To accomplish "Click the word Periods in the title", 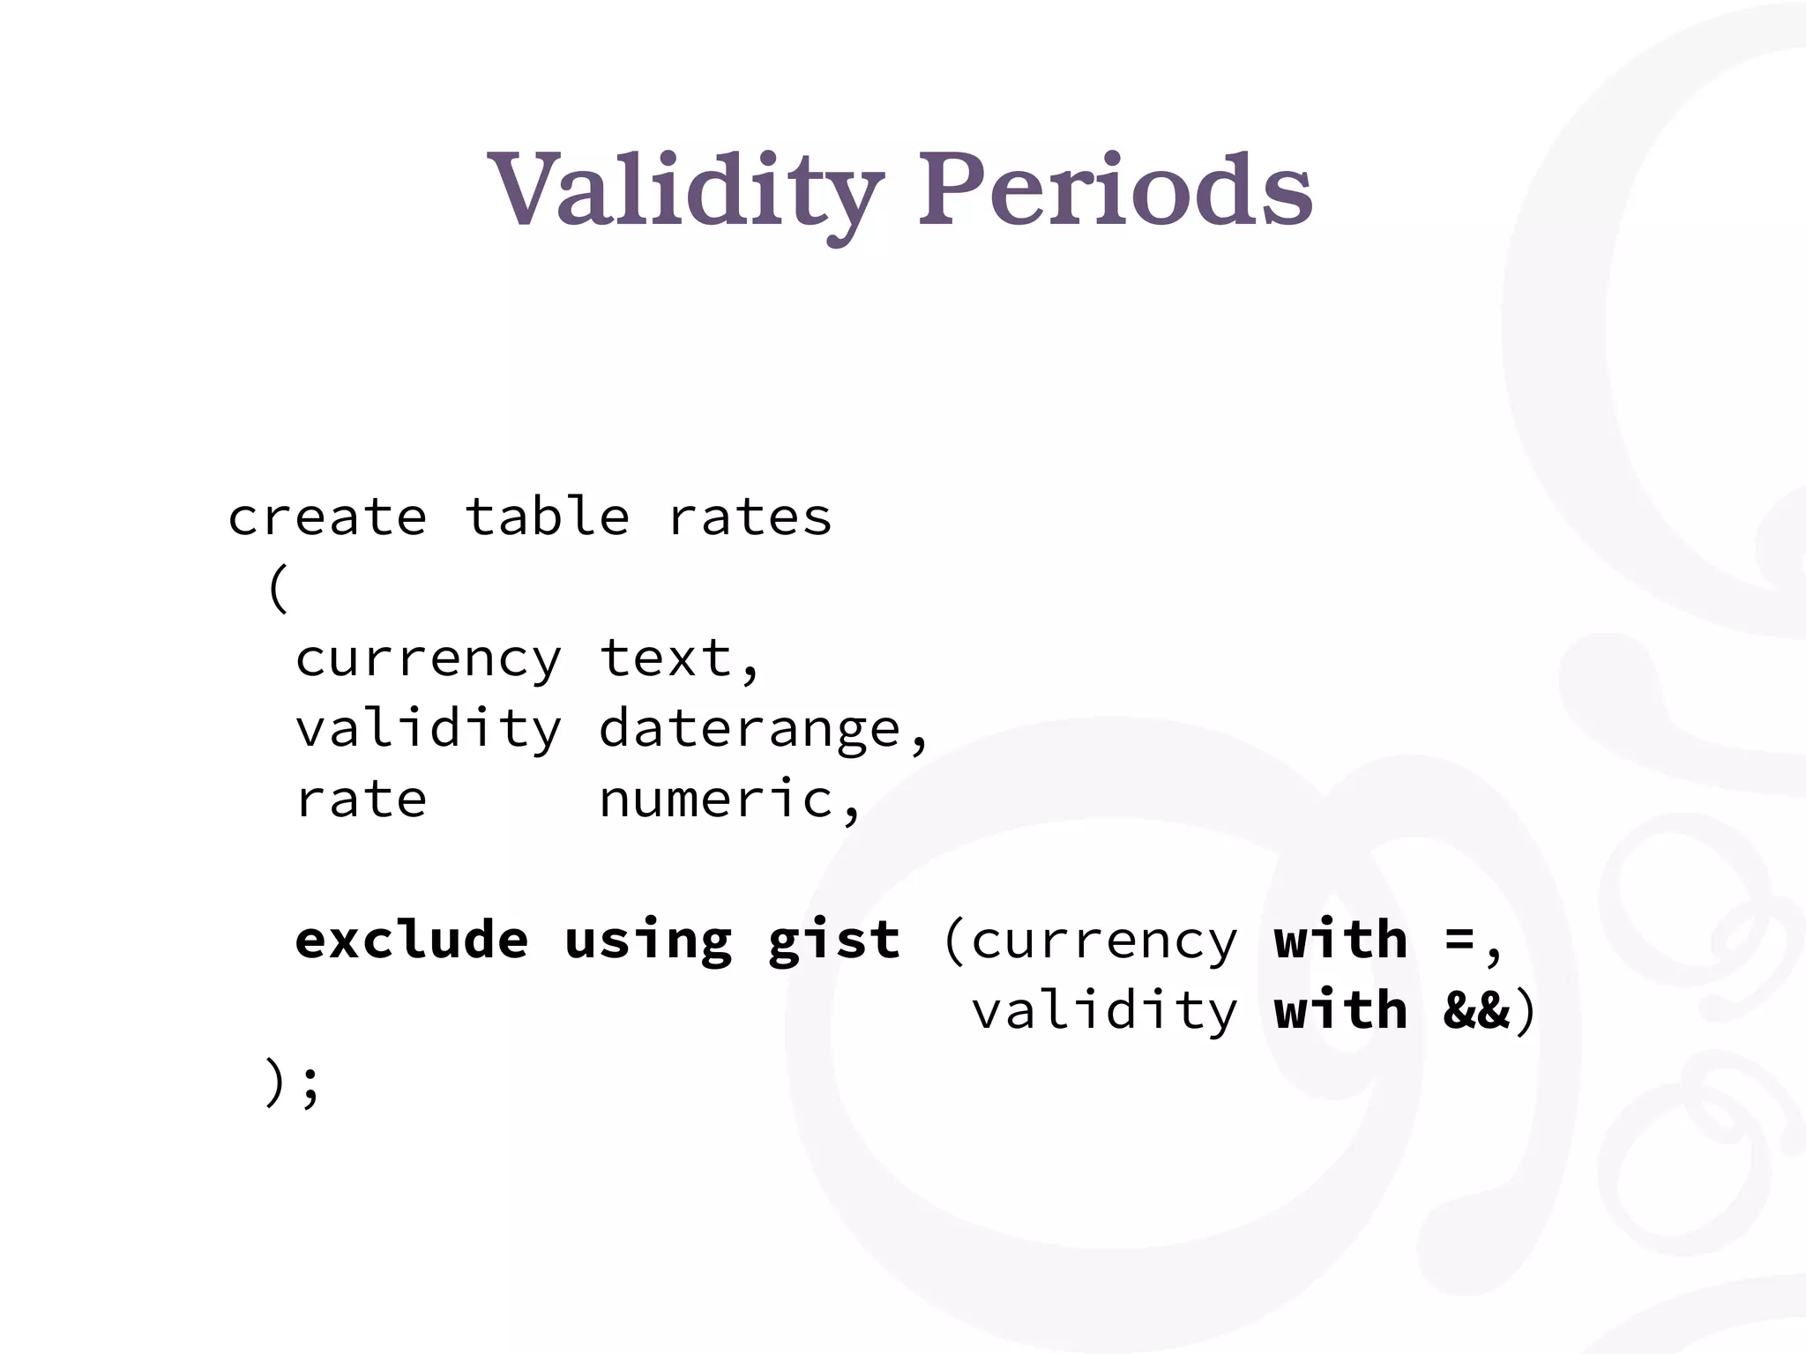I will (1115, 190).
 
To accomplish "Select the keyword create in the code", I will (327, 517).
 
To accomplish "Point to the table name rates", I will (750, 517).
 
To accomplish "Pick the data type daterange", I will (750, 730).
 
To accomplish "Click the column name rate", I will (361, 800).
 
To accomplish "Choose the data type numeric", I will (717, 800).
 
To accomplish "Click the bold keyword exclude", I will (411, 940).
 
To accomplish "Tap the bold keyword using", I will (648, 941).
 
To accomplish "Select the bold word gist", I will (834, 941).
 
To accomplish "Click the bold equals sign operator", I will (1459, 941).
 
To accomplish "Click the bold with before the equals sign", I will (1340, 940).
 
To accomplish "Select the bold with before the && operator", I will (1340, 1010).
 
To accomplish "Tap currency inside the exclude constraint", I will (1104, 941).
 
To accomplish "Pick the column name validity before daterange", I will (428, 730).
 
